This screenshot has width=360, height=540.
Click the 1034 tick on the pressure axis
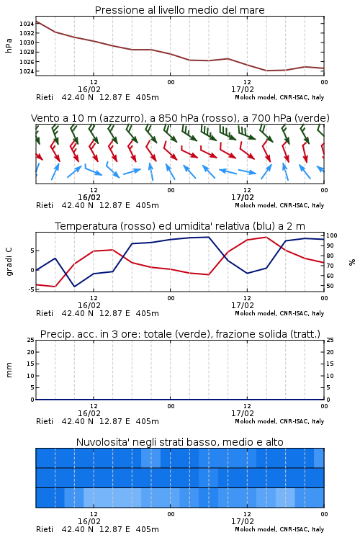tap(27, 24)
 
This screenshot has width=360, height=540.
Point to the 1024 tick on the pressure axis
tap(27, 71)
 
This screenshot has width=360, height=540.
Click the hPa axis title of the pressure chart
tap(9, 45)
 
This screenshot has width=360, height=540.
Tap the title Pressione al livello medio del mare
tap(180, 10)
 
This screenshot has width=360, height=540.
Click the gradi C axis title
tap(9, 262)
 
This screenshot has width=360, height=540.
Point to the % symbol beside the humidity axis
tap(352, 262)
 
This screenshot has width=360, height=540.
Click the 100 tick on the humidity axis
tap(332, 235)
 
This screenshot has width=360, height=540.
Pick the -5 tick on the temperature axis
tap(31, 289)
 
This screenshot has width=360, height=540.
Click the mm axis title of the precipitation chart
tap(9, 370)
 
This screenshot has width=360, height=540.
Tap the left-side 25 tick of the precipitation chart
tap(31, 340)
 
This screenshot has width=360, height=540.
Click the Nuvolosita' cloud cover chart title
tap(179, 442)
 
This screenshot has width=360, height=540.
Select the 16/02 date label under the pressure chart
tap(89, 89)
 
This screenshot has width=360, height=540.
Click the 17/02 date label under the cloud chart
tap(243, 521)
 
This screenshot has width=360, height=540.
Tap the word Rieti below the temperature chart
tap(45, 313)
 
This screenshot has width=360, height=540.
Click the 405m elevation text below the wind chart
tap(148, 205)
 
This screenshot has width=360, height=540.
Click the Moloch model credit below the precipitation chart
tap(279, 421)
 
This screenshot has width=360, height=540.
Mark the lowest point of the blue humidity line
tap(74, 287)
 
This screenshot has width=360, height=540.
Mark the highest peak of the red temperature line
tap(266, 237)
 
